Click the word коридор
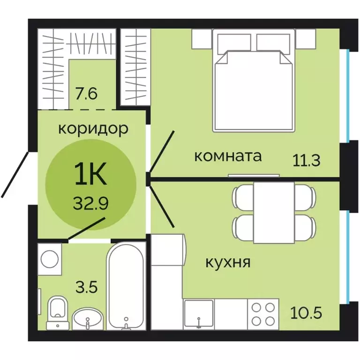pyautogui.click(x=93, y=128)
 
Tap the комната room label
pyautogui.click(x=227, y=156)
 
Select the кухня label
pyautogui.click(x=228, y=262)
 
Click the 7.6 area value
pyautogui.click(x=86, y=94)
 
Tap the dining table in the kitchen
pyautogui.click(x=274, y=213)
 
